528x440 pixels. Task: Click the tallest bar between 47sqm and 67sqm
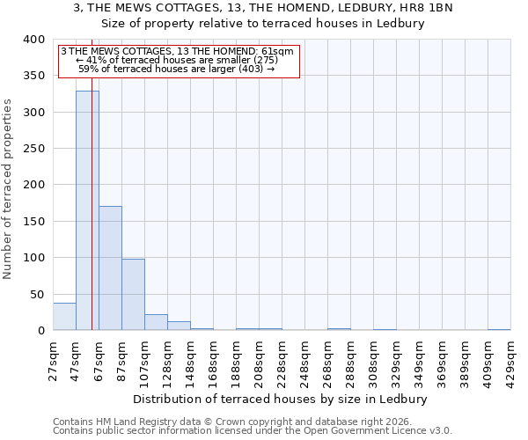(87, 211)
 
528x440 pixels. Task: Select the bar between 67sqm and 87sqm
(110, 268)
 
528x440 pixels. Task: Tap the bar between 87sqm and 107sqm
(133, 295)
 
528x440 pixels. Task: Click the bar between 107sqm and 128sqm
(156, 322)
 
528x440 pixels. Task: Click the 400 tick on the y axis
(34, 40)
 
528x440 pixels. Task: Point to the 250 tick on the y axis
(34, 149)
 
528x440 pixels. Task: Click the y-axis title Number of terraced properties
(8, 189)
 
